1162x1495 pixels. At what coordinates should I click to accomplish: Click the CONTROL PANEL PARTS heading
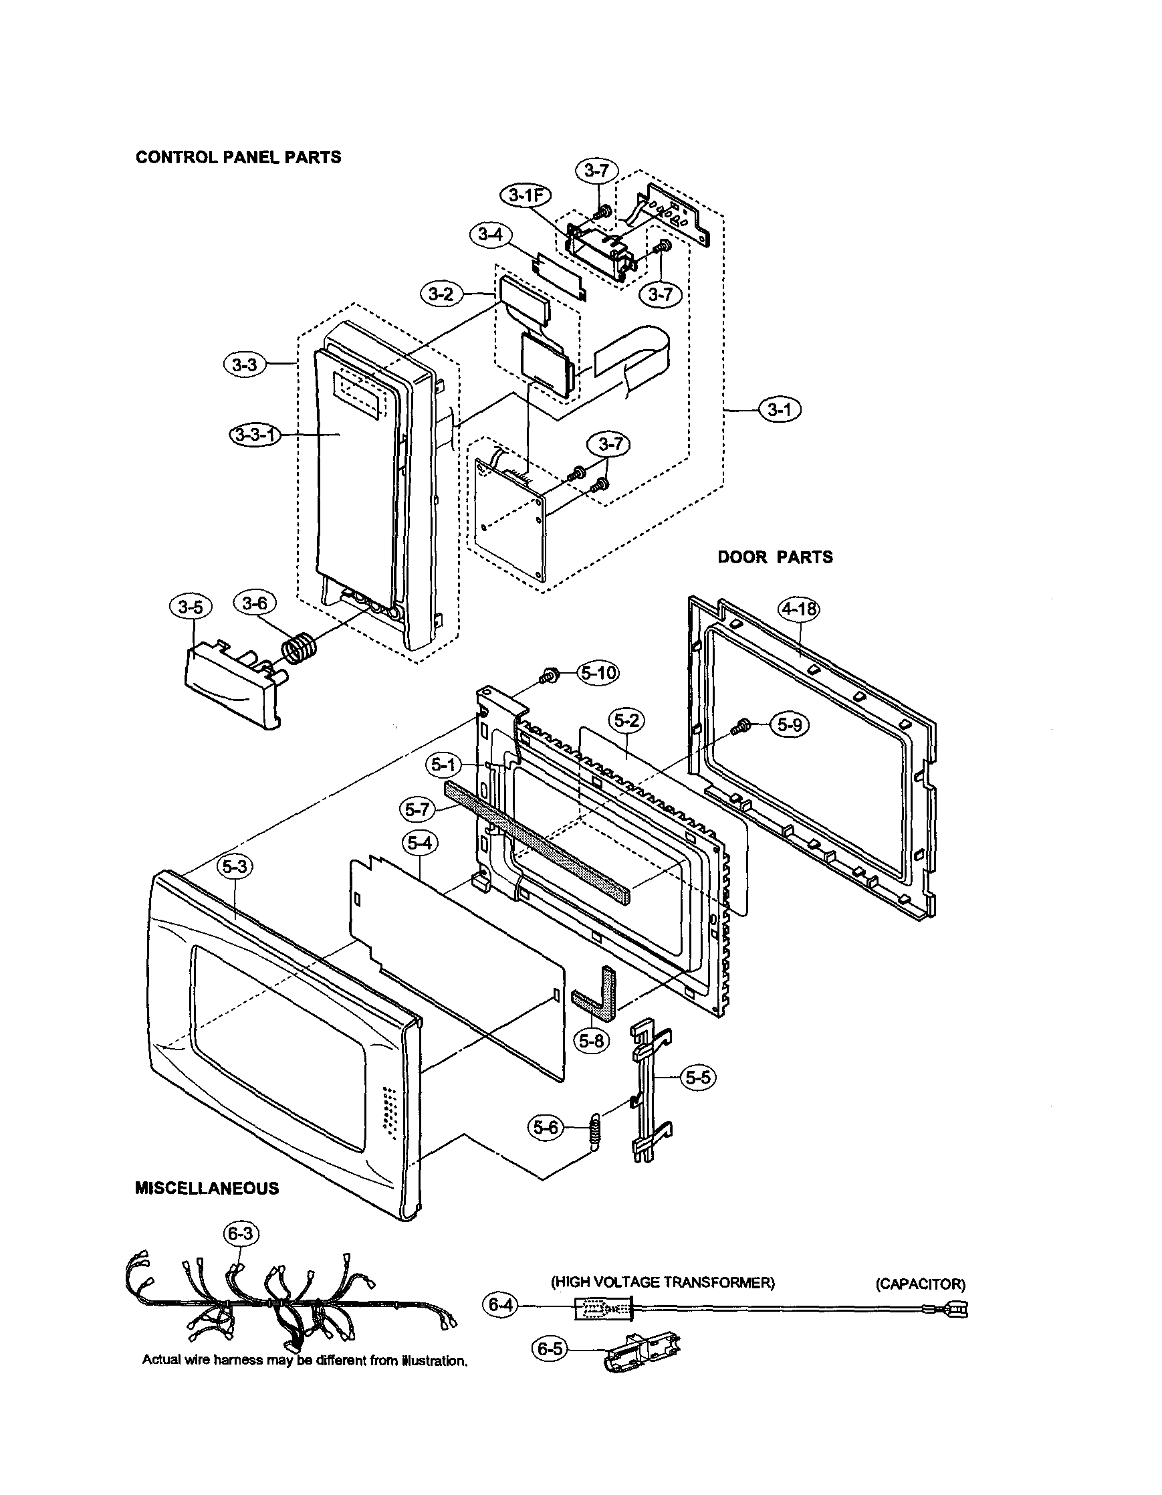[x=238, y=157]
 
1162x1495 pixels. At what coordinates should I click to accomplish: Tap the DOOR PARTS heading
[x=775, y=557]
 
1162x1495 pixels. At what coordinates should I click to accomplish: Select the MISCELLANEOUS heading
[x=207, y=1188]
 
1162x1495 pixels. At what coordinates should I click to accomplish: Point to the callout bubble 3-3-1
[x=255, y=435]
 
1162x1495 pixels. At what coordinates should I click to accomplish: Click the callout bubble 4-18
[x=800, y=609]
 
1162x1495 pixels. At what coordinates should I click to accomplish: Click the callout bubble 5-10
[x=598, y=674]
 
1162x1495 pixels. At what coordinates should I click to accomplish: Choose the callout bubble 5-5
[x=697, y=1078]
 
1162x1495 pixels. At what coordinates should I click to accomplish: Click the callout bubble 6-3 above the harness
[x=240, y=1234]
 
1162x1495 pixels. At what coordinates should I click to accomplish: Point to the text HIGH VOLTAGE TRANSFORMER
[x=663, y=1282]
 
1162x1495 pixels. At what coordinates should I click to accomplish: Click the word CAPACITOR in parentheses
[x=921, y=1284]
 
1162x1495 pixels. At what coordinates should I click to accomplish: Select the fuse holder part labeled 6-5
[x=643, y=1351]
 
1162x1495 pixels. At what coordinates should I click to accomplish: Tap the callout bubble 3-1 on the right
[x=780, y=410]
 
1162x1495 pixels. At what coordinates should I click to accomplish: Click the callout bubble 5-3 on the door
[x=234, y=867]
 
